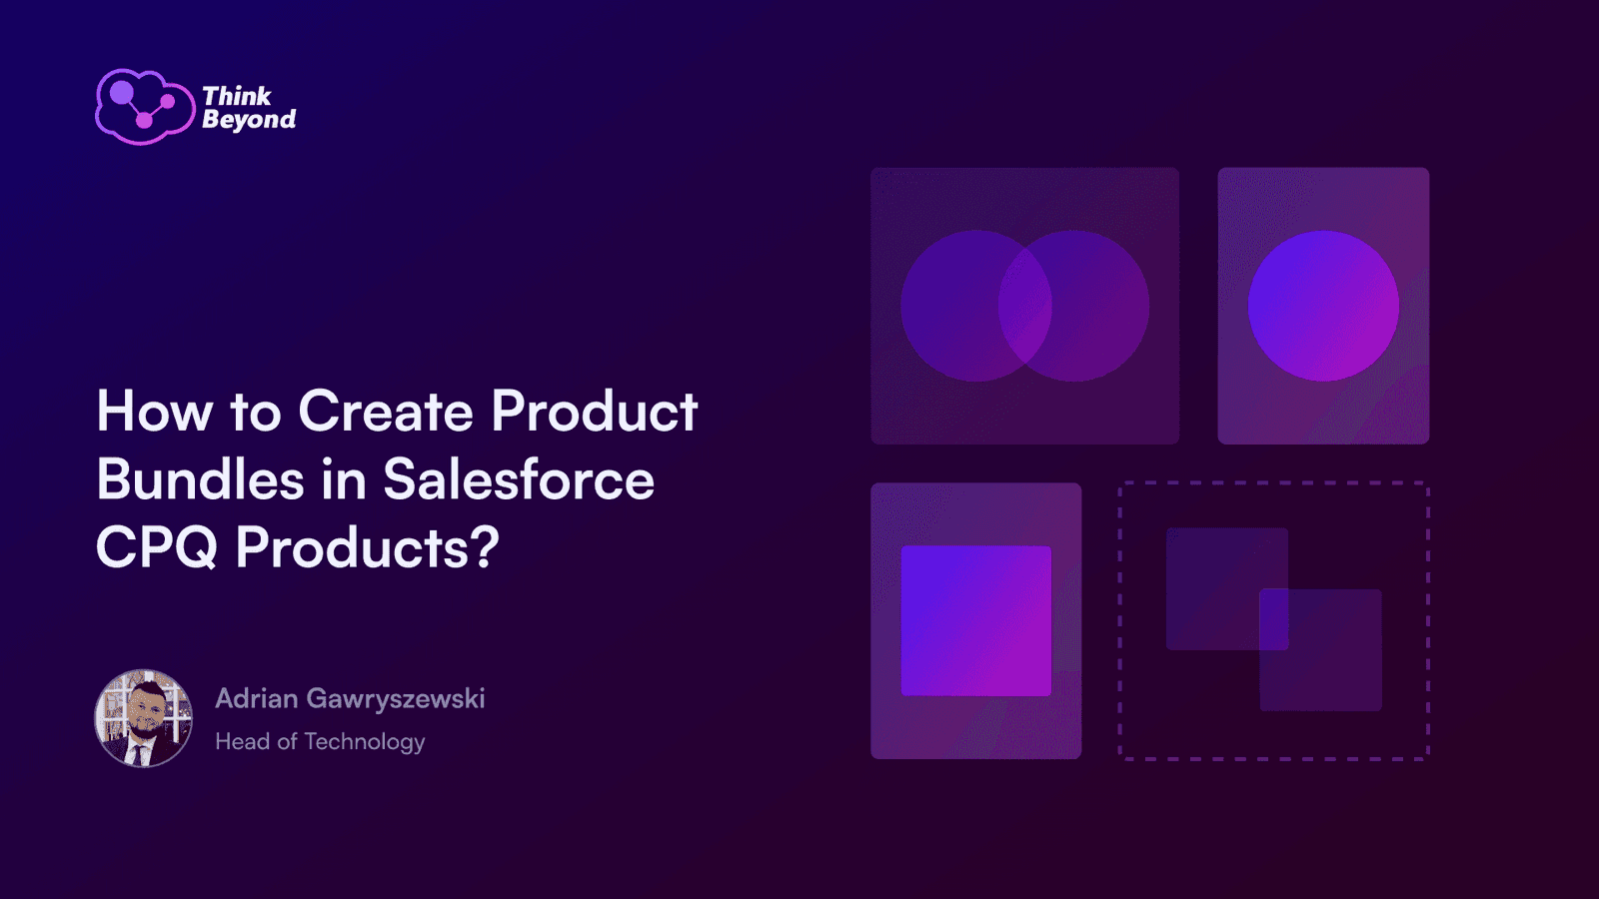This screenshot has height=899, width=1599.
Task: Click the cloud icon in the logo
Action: point(145,107)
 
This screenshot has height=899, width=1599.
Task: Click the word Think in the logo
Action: point(237,96)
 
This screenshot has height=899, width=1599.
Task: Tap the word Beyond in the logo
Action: point(249,120)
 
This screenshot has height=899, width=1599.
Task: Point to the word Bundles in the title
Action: point(201,479)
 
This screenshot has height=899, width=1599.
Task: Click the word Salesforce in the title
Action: point(519,479)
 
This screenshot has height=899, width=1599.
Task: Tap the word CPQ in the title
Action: point(156,548)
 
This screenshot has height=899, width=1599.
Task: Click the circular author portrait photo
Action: point(144,718)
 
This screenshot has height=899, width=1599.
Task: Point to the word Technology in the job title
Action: point(365,743)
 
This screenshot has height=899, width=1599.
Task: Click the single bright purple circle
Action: point(1323,306)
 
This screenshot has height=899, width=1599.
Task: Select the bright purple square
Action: point(975,620)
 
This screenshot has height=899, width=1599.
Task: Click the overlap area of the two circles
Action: point(1025,306)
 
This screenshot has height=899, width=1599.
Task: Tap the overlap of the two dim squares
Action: point(1273,619)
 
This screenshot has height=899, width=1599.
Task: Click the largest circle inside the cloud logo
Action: point(121,92)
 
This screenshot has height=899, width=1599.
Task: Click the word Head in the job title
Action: point(243,742)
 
